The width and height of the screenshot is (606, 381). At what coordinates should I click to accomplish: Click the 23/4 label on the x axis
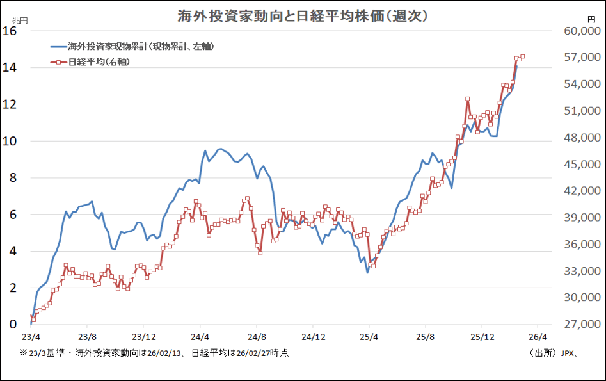(x=31, y=336)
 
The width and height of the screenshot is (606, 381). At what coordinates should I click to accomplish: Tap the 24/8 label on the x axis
(x=257, y=336)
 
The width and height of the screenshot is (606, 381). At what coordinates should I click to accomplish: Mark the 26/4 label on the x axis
(x=538, y=336)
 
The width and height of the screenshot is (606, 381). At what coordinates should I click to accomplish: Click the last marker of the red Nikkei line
(x=523, y=57)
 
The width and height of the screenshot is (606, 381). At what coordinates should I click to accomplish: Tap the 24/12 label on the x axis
(x=314, y=336)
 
